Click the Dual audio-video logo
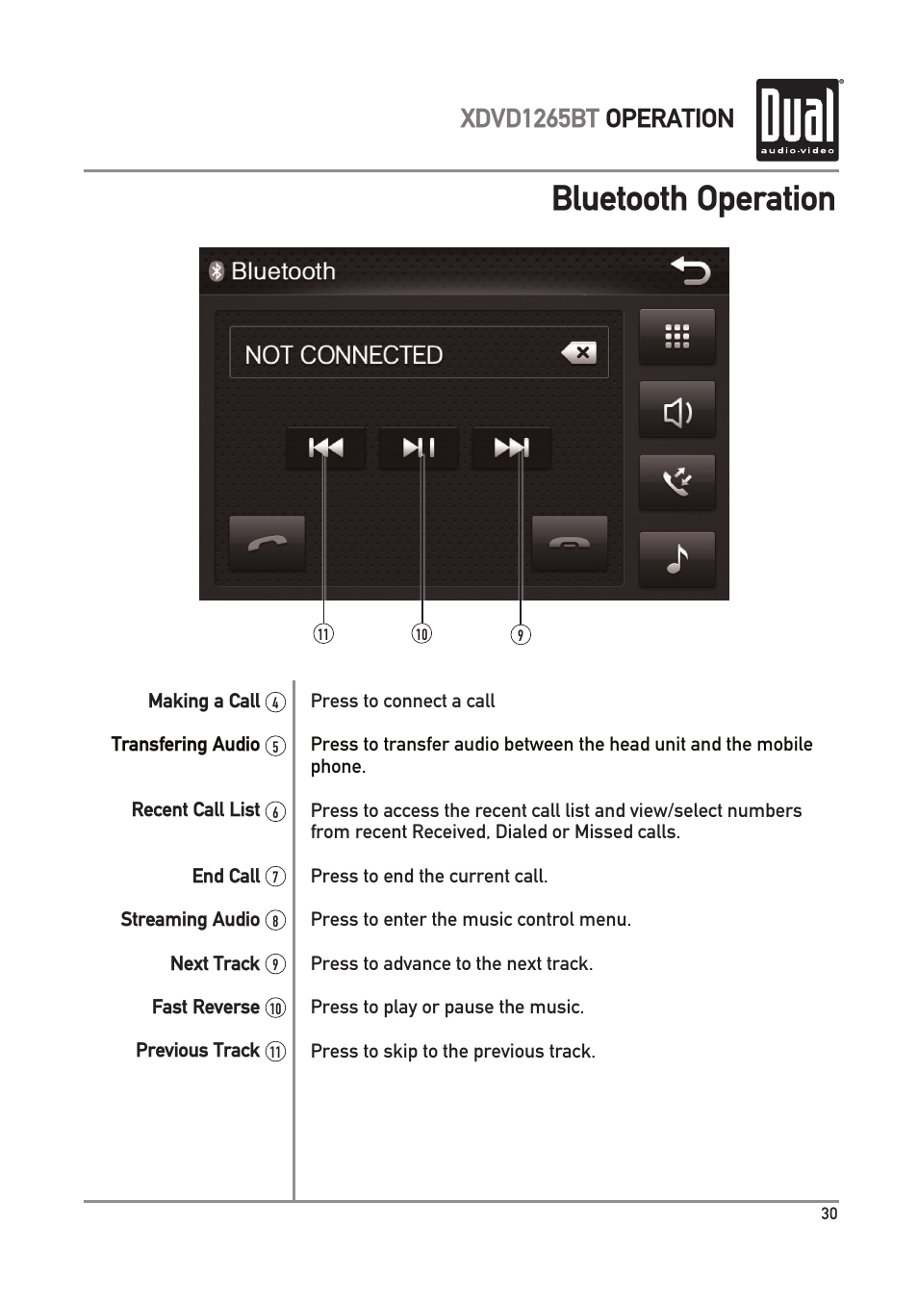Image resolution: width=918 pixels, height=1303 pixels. point(798,120)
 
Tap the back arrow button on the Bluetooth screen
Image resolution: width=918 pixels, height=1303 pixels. point(690,271)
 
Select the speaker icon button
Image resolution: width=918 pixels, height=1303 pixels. point(677,411)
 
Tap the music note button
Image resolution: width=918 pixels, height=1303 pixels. point(677,559)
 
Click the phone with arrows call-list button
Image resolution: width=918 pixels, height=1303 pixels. point(677,482)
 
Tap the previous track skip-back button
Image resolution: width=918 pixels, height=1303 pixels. point(325,447)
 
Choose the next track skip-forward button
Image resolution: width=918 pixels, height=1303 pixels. point(512,447)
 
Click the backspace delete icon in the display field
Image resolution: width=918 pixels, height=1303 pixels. point(579,353)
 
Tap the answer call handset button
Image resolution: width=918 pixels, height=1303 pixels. point(267,543)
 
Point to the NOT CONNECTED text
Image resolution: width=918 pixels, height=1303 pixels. point(344,355)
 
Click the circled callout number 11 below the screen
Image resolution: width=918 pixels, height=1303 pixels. point(323,634)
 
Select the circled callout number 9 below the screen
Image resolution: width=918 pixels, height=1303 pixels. point(521,634)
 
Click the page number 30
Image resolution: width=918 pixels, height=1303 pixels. point(829,1214)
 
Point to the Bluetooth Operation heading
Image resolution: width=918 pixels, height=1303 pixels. point(693,199)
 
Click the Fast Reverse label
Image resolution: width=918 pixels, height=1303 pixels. point(206,1007)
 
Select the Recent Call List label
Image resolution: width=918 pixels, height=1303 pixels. point(195,809)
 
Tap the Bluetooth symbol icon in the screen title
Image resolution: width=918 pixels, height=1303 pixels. point(217,271)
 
